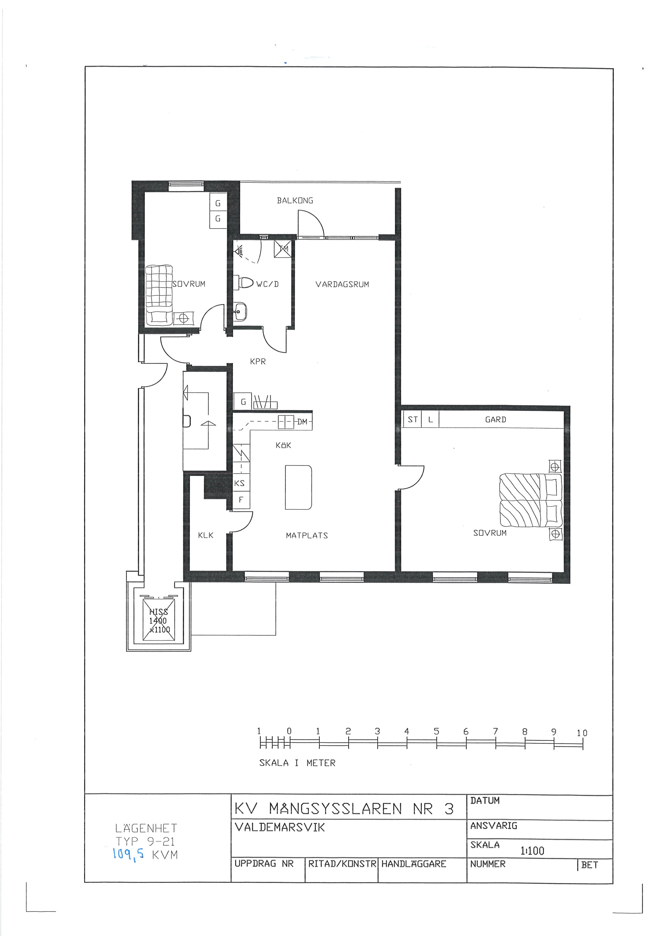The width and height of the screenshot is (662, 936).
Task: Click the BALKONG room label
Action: click(x=295, y=201)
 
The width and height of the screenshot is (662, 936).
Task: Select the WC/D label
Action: click(x=267, y=284)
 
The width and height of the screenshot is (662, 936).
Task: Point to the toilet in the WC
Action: click(x=243, y=282)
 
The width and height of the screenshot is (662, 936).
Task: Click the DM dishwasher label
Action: click(x=302, y=422)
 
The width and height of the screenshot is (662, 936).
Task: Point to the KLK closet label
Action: click(x=206, y=535)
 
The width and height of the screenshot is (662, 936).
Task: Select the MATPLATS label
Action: click(x=307, y=536)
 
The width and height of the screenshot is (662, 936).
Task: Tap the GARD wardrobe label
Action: click(x=496, y=420)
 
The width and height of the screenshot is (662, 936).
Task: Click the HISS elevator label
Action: click(x=159, y=612)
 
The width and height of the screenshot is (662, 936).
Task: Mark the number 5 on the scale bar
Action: click(x=437, y=731)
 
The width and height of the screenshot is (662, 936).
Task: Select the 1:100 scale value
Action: click(x=532, y=851)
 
